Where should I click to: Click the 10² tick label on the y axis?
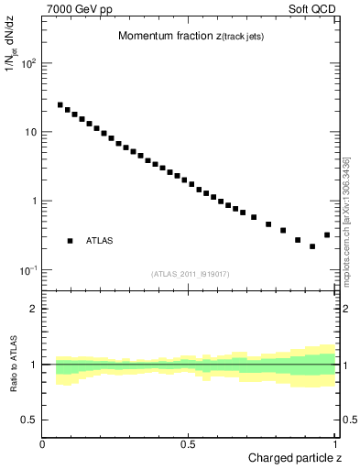[27, 63]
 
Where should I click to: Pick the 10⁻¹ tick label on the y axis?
[27, 270]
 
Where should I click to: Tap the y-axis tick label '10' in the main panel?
[29, 132]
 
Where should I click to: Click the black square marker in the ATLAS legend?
[70, 241]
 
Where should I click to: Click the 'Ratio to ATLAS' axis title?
[13, 365]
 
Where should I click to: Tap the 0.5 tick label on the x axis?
[187, 444]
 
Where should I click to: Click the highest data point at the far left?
[60, 105]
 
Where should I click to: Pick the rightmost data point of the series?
[327, 235]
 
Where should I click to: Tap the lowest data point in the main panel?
[312, 246]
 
